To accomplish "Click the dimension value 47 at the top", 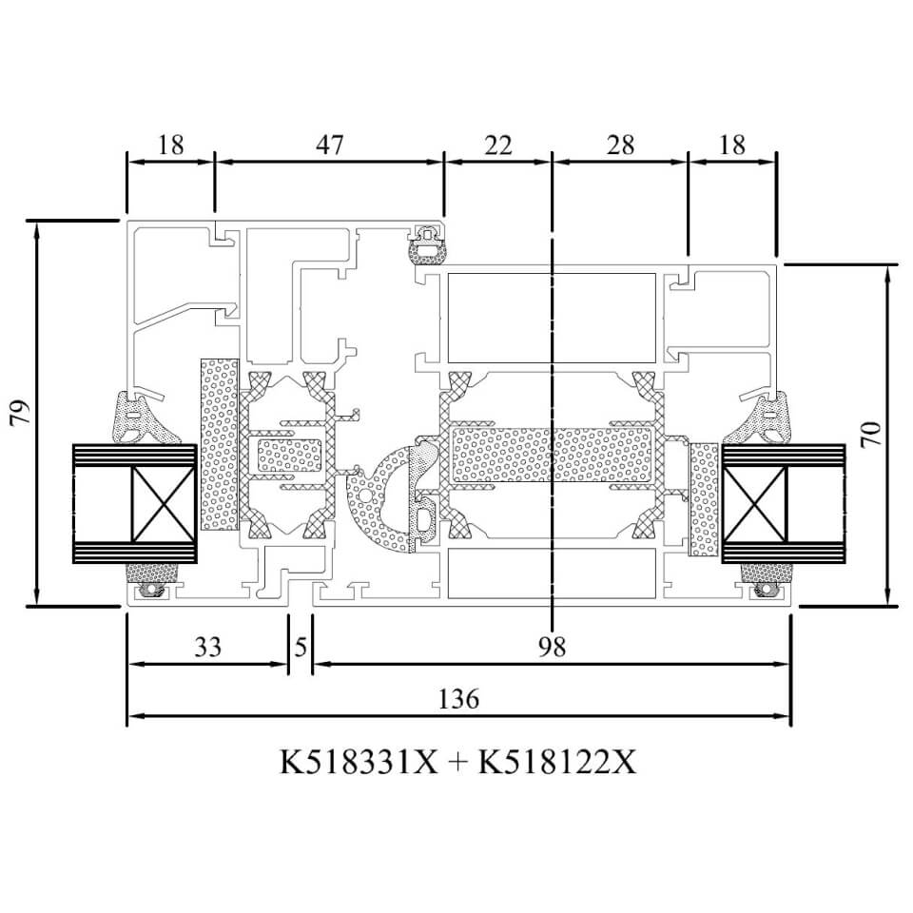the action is coord(330,145).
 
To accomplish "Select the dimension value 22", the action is coord(497,145).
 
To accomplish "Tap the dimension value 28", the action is coord(620,145).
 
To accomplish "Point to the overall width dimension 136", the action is coord(458,698).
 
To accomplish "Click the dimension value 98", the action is coord(552,647).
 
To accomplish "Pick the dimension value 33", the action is coord(208,647).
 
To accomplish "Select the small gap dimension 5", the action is coord(301,647).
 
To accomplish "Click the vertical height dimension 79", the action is coord(20,412).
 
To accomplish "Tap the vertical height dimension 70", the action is coord(872,435).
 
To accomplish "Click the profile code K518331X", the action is coord(359,762).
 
